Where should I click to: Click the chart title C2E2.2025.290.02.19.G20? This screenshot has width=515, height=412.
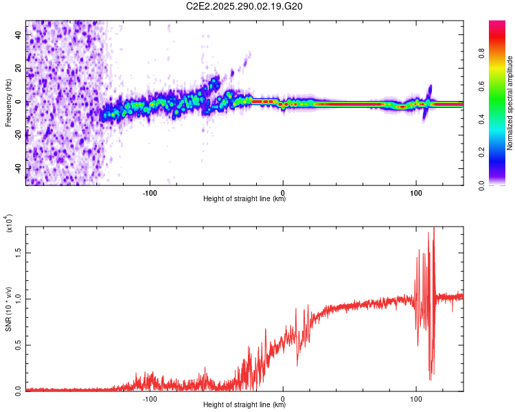click(x=244, y=6)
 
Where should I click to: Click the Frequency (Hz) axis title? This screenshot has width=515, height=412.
click(x=8, y=103)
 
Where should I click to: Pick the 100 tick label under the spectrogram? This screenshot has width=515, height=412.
click(x=415, y=192)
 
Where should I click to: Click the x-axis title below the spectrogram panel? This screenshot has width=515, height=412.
click(x=244, y=199)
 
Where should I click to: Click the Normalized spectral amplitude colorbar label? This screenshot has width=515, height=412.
click(x=510, y=103)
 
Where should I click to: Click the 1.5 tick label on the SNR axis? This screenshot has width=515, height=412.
click(x=19, y=252)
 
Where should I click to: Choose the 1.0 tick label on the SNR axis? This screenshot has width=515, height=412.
click(x=19, y=298)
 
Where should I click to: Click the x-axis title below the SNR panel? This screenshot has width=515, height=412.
click(x=244, y=405)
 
